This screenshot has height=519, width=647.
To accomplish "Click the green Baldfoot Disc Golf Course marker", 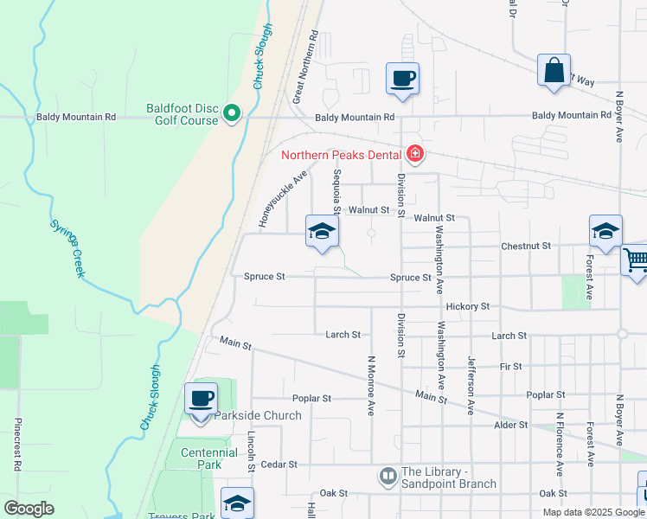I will tap(232, 113).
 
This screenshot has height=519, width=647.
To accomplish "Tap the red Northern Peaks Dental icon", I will tap(415, 155).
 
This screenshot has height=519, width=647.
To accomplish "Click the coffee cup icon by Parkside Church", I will tap(201, 400).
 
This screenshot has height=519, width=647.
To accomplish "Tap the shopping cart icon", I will tap(636, 259).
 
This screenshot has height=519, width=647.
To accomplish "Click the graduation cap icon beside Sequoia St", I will tap(321, 232).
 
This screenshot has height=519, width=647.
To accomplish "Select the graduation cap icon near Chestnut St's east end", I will tap(605, 232).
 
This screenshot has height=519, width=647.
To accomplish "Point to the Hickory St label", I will tap(467, 307).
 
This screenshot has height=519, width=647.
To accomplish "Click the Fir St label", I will tap(511, 367).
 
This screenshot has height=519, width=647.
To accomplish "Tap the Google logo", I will tap(29, 509).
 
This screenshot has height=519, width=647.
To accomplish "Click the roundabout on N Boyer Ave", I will tap(622, 334).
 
